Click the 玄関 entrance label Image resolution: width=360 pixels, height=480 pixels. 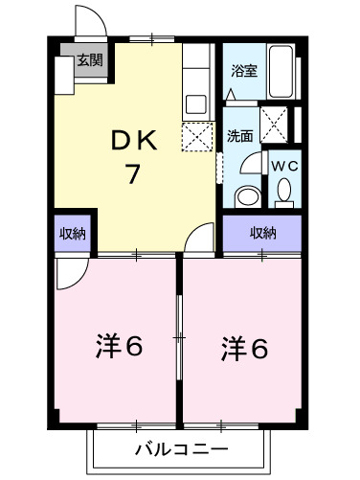89,59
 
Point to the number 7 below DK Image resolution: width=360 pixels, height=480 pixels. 136,175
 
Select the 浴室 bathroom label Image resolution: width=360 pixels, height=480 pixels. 245,70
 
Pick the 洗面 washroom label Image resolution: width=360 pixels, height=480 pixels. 239,136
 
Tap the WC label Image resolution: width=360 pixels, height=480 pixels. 284,165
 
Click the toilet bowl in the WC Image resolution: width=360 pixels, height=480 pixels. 284,194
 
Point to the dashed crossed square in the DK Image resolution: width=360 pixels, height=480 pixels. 196,136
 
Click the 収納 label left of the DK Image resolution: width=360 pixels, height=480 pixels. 73,233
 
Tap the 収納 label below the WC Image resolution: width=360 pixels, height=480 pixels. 263,232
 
